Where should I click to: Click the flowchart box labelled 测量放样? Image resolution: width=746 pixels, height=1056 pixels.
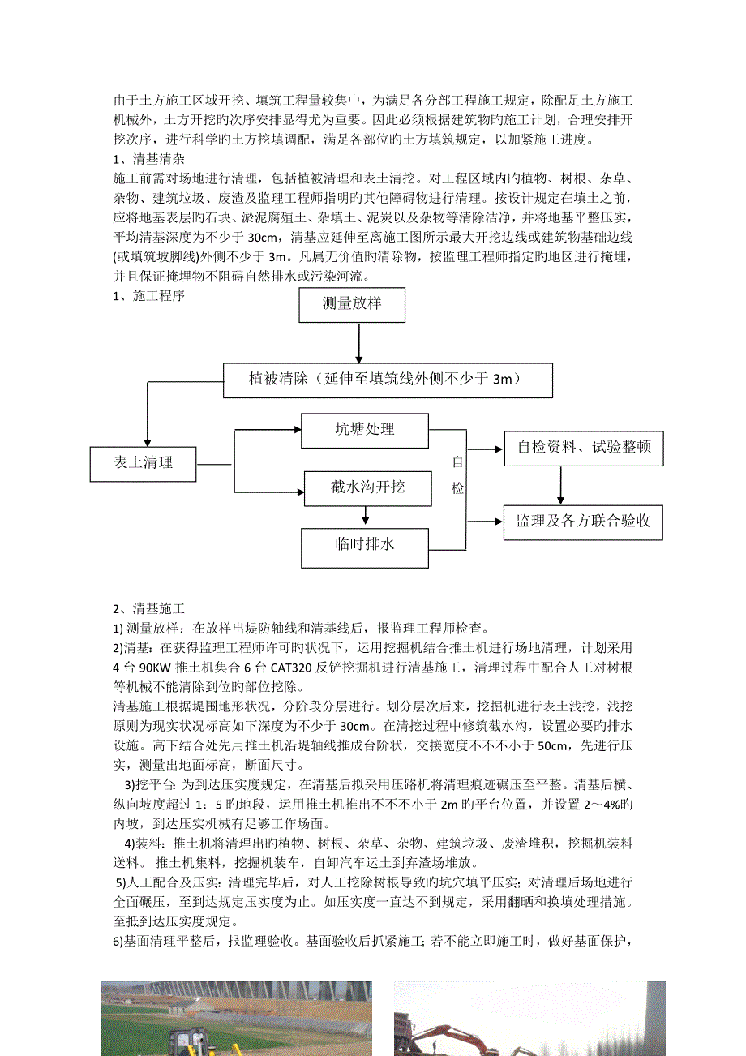pyautogui.click(x=351, y=305)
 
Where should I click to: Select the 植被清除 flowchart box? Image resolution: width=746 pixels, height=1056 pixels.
pyautogui.click(x=388, y=380)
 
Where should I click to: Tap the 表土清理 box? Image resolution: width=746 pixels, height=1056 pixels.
pyautogui.click(x=143, y=464)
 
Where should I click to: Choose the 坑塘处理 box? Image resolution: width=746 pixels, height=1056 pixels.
pyautogui.click(x=364, y=430)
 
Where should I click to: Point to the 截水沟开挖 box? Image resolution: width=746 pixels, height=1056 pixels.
pyautogui.click(x=367, y=487)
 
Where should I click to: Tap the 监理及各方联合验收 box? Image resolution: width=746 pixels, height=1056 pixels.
pyautogui.click(x=583, y=522)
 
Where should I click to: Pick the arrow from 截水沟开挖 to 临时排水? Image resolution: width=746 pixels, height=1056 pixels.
pyautogui.click(x=366, y=517)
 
